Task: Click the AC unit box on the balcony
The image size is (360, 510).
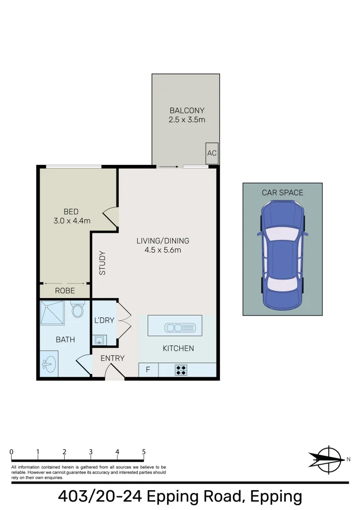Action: pyautogui.click(x=212, y=153)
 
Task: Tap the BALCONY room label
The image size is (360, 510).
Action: pyautogui.click(x=187, y=111)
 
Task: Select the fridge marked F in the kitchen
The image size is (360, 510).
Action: pyautogui.click(x=148, y=370)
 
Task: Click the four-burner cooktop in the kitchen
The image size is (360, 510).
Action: pyautogui.click(x=181, y=370)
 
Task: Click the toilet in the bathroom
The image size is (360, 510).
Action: pyautogui.click(x=77, y=310)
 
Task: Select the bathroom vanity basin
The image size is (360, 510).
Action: pyautogui.click(x=48, y=364)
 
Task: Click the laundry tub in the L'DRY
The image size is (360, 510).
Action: pyautogui.click(x=100, y=340)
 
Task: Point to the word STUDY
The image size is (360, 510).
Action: pyautogui.click(x=102, y=263)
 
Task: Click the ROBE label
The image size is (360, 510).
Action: pyautogui.click(x=65, y=291)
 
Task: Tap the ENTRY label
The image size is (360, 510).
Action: pyautogui.click(x=112, y=358)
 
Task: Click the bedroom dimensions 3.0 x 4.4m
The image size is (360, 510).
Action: pyautogui.click(x=72, y=220)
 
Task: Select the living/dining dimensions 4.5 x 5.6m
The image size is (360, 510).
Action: pyautogui.click(x=163, y=250)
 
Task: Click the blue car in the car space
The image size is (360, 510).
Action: pyautogui.click(x=282, y=255)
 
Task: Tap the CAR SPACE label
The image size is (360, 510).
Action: pyautogui.click(x=283, y=193)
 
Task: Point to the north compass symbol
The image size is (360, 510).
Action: pyautogui.click(x=327, y=459)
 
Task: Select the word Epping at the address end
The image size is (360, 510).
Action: pyautogui.click(x=276, y=497)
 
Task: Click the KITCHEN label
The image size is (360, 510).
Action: pyautogui.click(x=178, y=348)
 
